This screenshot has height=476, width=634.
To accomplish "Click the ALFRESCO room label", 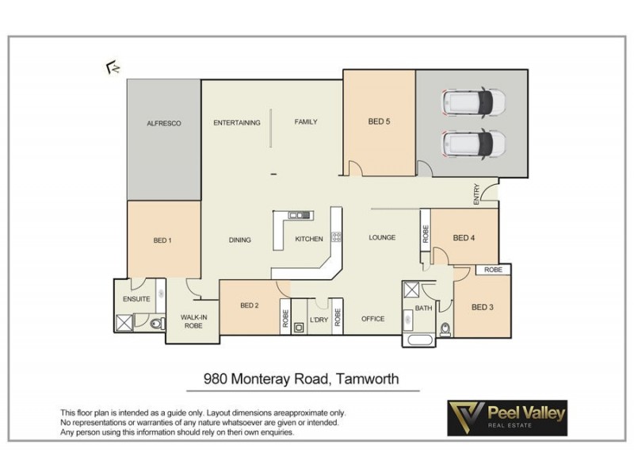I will click(164, 124).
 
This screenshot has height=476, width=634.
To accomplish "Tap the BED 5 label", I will click(380, 122).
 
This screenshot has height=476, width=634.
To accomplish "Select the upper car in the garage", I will click(473, 102).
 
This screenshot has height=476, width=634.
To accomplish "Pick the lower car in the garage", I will click(473, 144).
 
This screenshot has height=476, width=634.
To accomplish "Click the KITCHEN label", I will click(309, 240).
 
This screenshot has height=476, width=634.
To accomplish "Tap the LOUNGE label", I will click(382, 237).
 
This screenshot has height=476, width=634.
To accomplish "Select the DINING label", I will click(239, 240).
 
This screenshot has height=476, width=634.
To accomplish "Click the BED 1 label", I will click(162, 240).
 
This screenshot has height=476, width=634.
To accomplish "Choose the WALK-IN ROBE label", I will click(193, 321).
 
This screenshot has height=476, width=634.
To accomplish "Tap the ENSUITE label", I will click(136, 299).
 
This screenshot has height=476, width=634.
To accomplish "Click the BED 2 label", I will click(250, 305).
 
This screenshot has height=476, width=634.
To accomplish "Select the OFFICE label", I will click(372, 319).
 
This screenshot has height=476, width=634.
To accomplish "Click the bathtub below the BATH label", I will click(418, 340).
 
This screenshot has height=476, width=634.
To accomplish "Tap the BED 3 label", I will click(483, 307).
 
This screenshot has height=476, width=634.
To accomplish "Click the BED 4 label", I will click(464, 237).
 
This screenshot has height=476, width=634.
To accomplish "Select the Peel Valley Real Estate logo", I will click(507, 418).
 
